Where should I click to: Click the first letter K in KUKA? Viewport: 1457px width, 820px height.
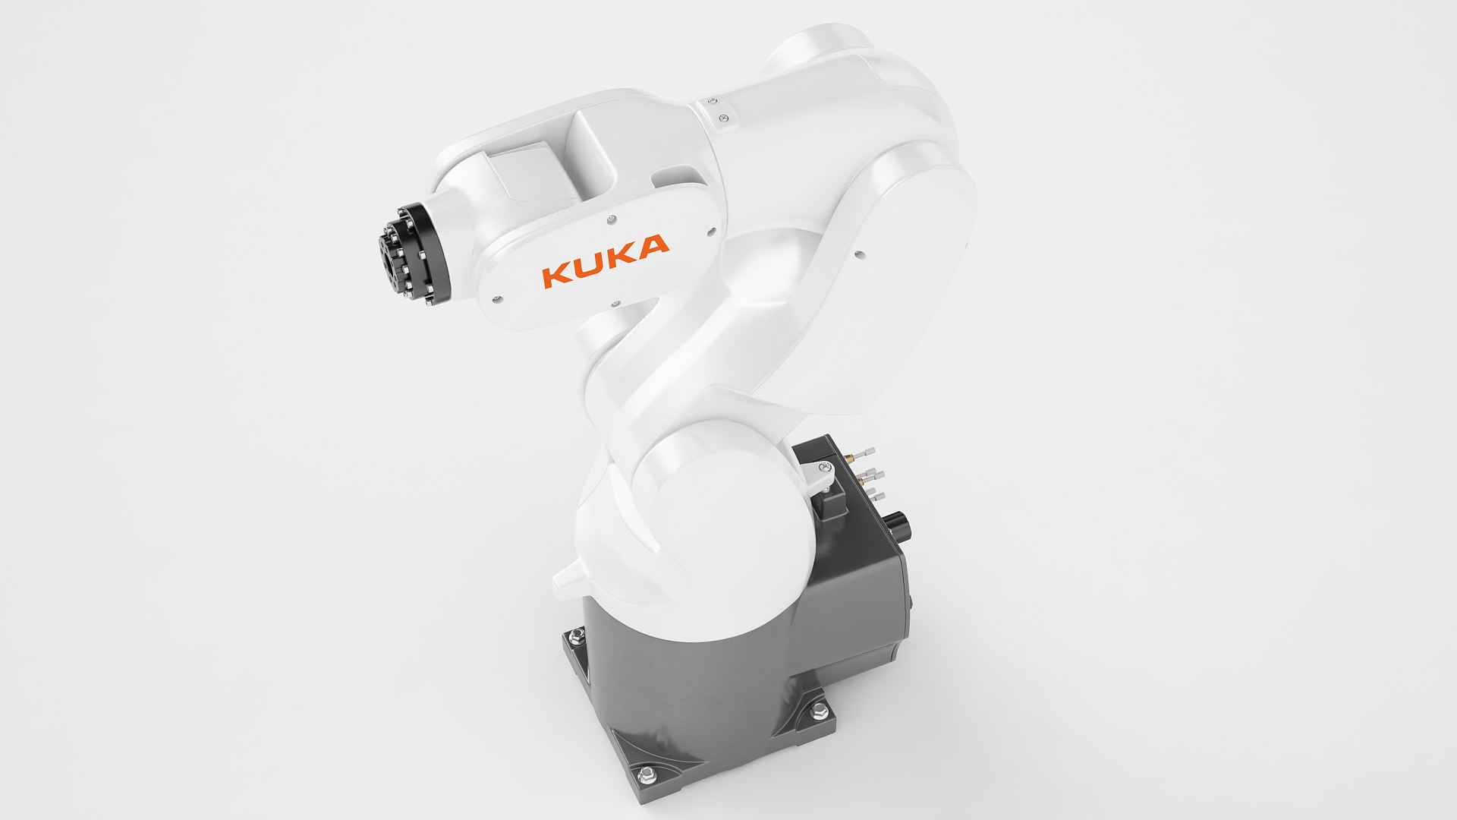(x=555, y=275)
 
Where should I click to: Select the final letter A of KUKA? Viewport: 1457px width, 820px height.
(x=653, y=245)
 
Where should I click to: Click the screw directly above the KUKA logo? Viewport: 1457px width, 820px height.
(x=610, y=219)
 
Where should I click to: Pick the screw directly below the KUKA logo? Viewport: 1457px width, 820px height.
(x=615, y=304)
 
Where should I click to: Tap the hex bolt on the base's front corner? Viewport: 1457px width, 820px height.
(x=647, y=773)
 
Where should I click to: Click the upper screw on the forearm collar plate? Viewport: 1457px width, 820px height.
(x=713, y=99)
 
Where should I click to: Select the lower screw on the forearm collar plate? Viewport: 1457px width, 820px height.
(x=725, y=117)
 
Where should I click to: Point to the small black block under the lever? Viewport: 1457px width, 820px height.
(x=832, y=505)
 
